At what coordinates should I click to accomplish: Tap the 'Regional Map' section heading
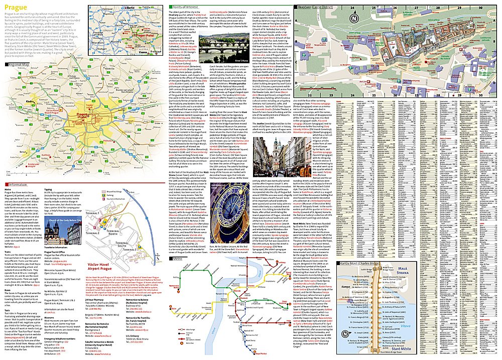pos(23,65)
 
